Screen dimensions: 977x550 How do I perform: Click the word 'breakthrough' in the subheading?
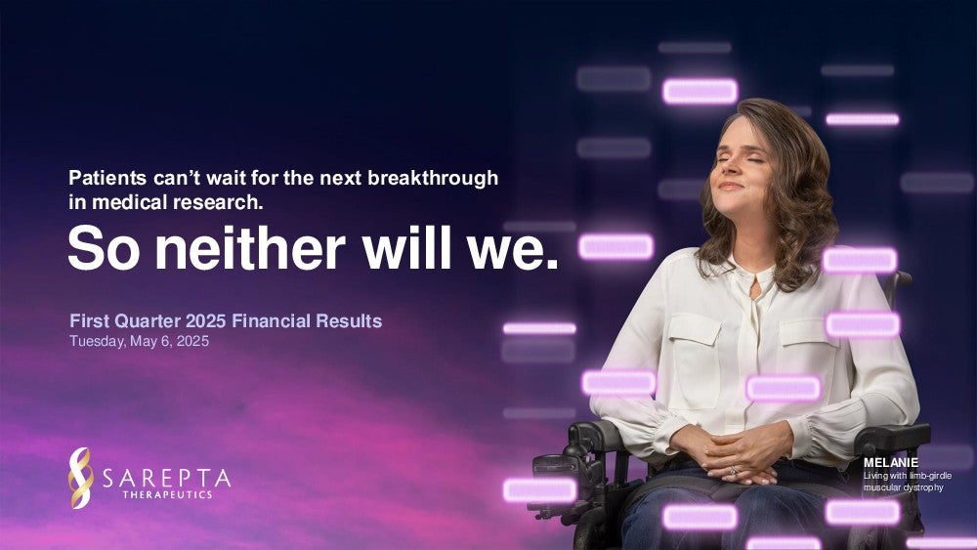pos(433,179)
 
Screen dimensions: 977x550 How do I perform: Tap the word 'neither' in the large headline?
pos(250,248)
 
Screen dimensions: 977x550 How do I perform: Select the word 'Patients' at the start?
pos(107,178)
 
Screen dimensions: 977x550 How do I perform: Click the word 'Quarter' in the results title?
pos(149,321)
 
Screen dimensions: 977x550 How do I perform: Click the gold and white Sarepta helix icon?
pos(80,478)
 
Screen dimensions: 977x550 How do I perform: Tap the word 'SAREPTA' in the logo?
pos(166,479)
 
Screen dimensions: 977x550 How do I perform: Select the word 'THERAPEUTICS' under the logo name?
pos(168,494)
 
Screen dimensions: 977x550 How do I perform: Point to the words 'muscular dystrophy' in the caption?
pos(904,487)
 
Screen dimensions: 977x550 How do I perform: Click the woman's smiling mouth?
pos(731,186)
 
